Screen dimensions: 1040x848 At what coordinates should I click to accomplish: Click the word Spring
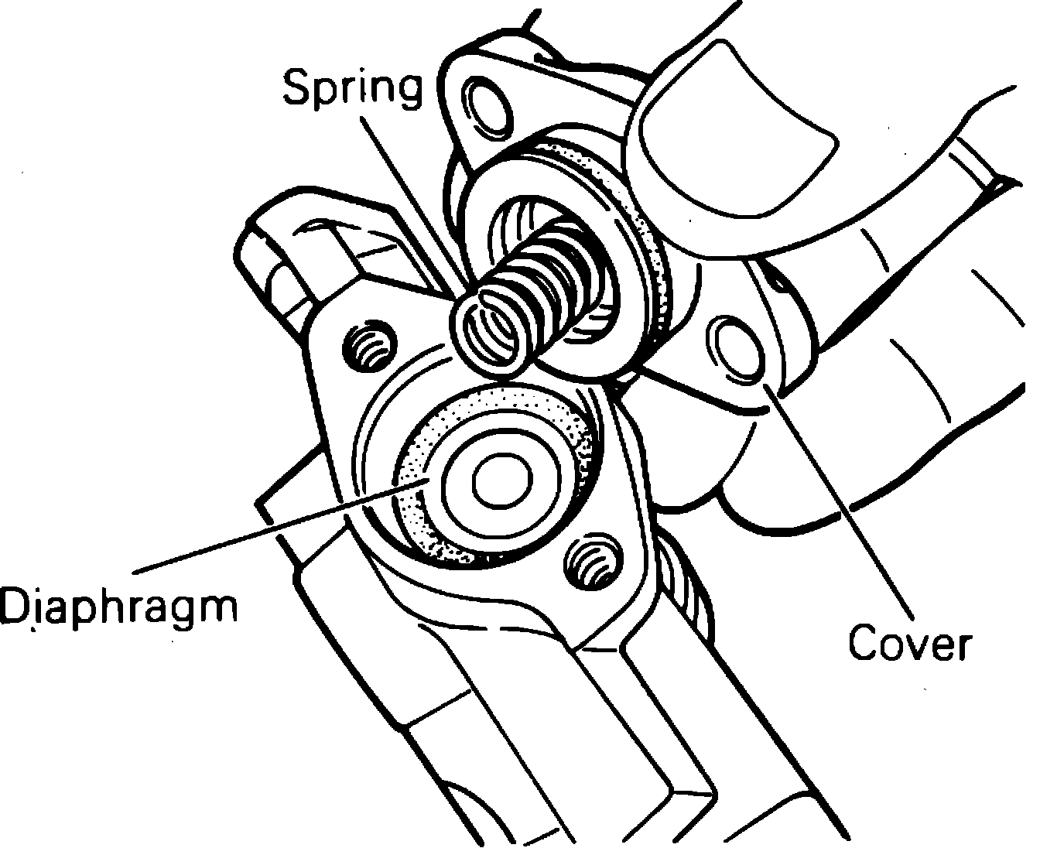[353, 89]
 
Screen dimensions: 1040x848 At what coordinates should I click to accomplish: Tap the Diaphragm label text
[117, 606]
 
